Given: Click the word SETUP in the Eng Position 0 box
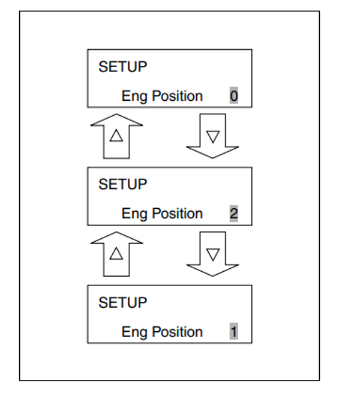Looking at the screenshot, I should click(122, 67).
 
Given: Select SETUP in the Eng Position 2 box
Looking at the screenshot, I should click(122, 184).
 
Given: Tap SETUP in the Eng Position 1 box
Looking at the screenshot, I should click(122, 302).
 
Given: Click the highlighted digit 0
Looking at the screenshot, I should click(233, 96).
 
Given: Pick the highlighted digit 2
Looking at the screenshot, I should click(233, 214).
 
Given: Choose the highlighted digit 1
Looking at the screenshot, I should click(233, 332).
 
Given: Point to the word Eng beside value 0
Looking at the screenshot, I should click(133, 97).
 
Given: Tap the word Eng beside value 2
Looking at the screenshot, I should click(133, 214).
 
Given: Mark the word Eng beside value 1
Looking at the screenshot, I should click(133, 332).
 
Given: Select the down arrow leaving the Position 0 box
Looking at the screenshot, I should click(212, 137).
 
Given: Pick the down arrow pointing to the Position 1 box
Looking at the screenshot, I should click(212, 255).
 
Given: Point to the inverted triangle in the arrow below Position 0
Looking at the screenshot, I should click(212, 136).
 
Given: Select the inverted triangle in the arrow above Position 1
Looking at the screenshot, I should click(212, 253).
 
